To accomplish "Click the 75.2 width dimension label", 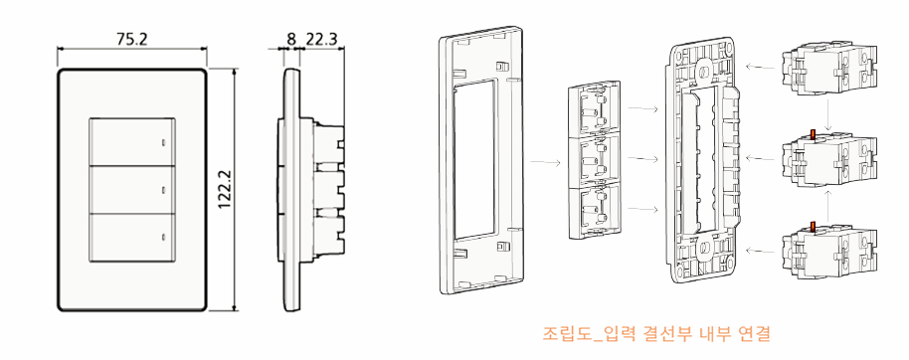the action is coord(132,39).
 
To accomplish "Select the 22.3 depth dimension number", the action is coord(321,39).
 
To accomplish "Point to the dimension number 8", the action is coord(291,39).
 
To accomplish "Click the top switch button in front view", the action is coord(132,142).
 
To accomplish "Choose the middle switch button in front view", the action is coord(132,190).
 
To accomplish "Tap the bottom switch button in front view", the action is coord(132,238).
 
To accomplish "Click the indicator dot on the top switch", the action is coord(163,142).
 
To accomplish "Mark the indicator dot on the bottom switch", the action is coord(163,237).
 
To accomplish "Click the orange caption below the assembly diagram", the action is coord(656,334).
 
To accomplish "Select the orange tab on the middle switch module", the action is coord(813,135).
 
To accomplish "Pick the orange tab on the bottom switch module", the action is coord(813,227).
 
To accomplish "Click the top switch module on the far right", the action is coord(828,68).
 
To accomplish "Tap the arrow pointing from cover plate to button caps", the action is coord(546,162).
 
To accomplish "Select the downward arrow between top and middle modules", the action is coord(829,113).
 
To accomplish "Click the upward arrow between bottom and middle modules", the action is coord(829,207).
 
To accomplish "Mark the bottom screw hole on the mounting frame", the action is coord(704,248).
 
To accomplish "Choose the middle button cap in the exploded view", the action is coord(595,160).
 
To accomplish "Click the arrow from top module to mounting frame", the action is coord(760,68).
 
